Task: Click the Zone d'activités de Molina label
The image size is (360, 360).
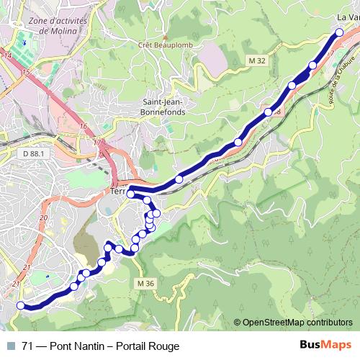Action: [58, 27]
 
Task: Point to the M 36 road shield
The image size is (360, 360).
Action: [145, 284]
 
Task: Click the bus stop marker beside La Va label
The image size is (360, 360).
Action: [339, 32]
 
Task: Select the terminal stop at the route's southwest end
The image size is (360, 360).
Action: [20, 305]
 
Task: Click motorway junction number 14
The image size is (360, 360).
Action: [8, 55]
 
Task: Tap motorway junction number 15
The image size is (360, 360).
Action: [27, 73]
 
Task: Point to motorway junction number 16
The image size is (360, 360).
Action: [83, 127]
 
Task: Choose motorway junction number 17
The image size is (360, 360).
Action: [96, 142]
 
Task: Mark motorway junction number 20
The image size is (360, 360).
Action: [44, 217]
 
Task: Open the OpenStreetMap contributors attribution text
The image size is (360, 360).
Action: [297, 322]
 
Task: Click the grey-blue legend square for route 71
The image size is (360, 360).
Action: [10, 346]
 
